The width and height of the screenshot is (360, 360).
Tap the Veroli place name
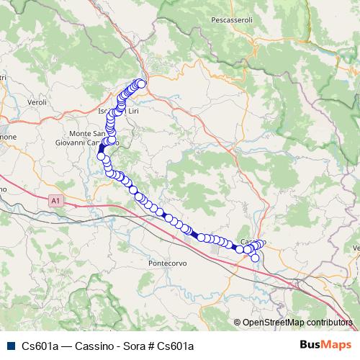point(37,102)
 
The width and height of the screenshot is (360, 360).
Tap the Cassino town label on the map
point(253,242)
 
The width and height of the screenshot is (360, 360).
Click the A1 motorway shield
point(56,202)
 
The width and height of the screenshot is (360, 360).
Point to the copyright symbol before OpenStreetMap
point(238,323)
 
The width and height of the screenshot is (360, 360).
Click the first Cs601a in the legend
point(39,346)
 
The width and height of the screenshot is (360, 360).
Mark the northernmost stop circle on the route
point(141,84)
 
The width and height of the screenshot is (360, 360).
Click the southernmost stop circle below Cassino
point(255,258)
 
